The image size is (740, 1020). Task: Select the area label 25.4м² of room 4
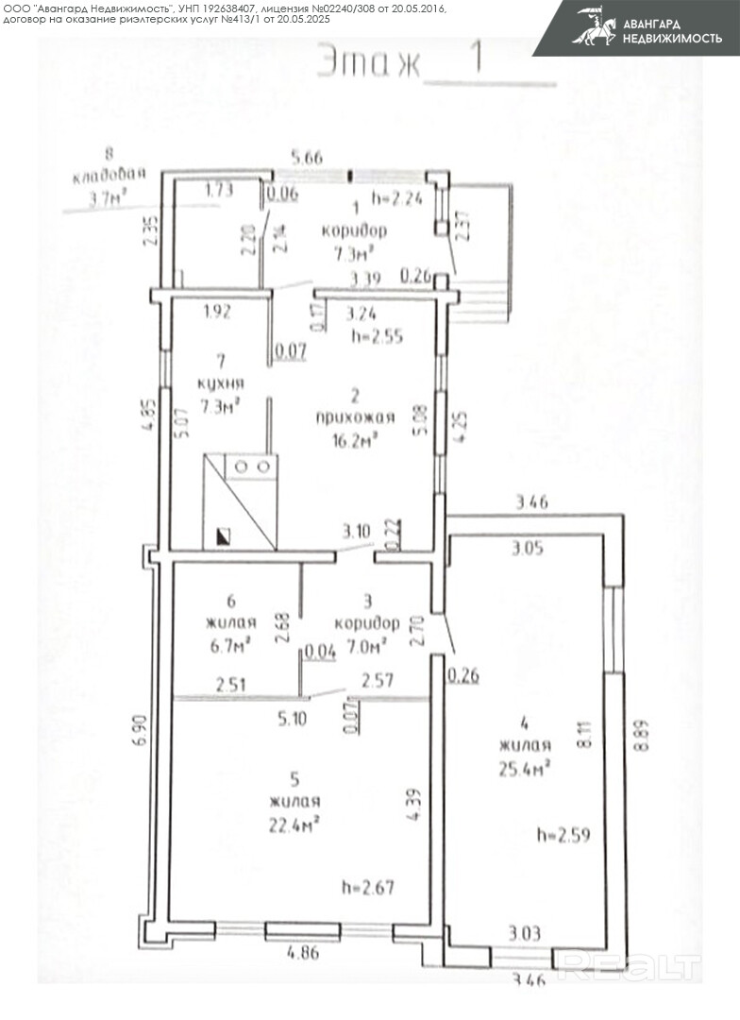click(525, 768)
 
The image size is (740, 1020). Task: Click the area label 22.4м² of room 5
click(294, 823)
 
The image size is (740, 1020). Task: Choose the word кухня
click(220, 383)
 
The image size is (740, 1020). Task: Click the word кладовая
click(111, 175)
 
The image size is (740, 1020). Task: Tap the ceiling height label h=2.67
click(367, 887)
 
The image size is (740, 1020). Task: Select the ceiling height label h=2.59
click(563, 835)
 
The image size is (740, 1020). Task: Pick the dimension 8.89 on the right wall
click(643, 730)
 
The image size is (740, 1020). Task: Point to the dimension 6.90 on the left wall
click(140, 739)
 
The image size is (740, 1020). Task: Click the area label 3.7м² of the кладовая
click(109, 198)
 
